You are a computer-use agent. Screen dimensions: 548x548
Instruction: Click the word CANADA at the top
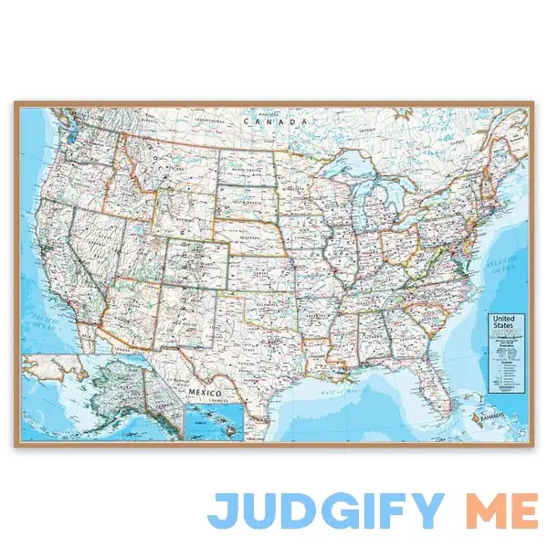click(273, 121)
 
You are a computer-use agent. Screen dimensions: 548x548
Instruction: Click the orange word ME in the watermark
click(502, 510)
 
